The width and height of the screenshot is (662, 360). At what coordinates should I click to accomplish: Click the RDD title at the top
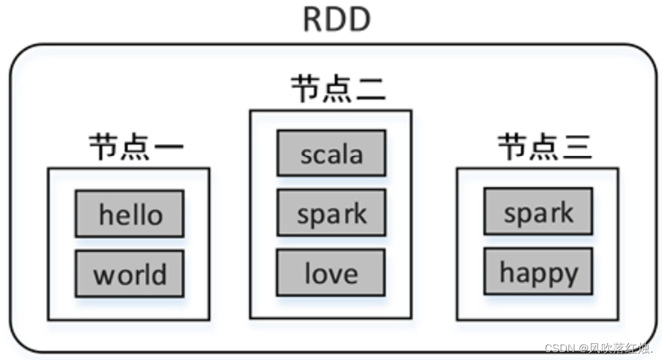click(337, 20)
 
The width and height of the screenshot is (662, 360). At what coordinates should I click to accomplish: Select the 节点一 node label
click(136, 147)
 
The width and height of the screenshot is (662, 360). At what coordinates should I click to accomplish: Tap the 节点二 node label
click(338, 89)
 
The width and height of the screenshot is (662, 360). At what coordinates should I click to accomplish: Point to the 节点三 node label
click(544, 147)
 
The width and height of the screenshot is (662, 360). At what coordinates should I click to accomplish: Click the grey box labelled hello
click(130, 214)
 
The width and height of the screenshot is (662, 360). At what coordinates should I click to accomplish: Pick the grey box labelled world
click(130, 274)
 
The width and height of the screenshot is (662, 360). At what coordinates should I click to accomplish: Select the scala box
click(331, 153)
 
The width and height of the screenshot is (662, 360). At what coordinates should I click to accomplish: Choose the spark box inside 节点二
click(331, 213)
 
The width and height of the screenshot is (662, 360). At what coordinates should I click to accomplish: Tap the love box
click(331, 273)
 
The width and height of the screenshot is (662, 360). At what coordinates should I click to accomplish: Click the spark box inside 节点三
click(539, 211)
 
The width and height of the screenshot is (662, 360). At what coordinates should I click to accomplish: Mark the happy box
click(539, 271)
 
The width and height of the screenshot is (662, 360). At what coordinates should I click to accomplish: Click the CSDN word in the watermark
click(556, 348)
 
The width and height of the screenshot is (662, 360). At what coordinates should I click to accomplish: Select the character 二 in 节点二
click(370, 89)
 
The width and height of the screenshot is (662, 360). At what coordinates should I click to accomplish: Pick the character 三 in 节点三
click(576, 147)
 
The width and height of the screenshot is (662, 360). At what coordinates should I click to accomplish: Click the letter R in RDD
click(314, 20)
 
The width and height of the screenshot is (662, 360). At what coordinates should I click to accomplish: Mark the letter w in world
click(104, 276)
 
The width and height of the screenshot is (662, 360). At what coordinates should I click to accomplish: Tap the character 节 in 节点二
click(306, 89)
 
